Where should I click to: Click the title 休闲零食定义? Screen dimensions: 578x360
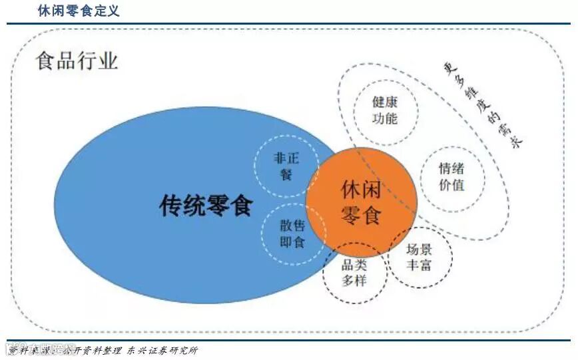(x=79, y=11)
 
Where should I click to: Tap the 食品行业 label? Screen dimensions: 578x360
(x=77, y=62)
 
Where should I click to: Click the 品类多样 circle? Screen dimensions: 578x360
(x=354, y=273)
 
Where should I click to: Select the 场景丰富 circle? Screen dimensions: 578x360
(x=420, y=258)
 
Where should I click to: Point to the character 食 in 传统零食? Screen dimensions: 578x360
(x=240, y=206)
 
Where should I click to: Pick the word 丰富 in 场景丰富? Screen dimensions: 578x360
(x=420, y=266)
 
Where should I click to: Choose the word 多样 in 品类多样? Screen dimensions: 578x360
(x=354, y=281)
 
